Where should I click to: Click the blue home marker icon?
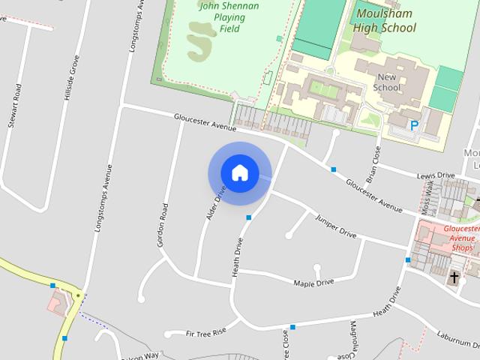tap(239, 172)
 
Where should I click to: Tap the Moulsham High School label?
tap(385, 21)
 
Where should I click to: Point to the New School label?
tap(388, 82)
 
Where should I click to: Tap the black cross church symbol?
tap(453, 277)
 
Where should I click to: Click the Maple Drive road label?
tap(313, 283)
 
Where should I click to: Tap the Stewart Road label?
tap(13, 105)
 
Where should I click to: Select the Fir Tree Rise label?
tap(206, 332)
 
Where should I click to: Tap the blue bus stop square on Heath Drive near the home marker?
tap(249, 217)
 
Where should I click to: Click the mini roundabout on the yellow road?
tap(78, 295)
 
